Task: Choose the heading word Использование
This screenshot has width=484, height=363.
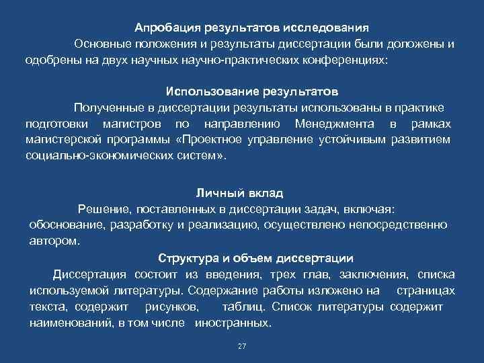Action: (208, 91)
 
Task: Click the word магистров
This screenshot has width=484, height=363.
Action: (132, 124)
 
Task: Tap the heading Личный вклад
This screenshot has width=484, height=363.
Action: (240, 193)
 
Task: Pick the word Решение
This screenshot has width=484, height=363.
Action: (102, 209)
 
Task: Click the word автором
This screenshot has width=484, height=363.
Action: (54, 240)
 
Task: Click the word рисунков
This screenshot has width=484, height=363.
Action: (171, 307)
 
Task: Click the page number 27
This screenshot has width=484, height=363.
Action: (242, 346)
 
